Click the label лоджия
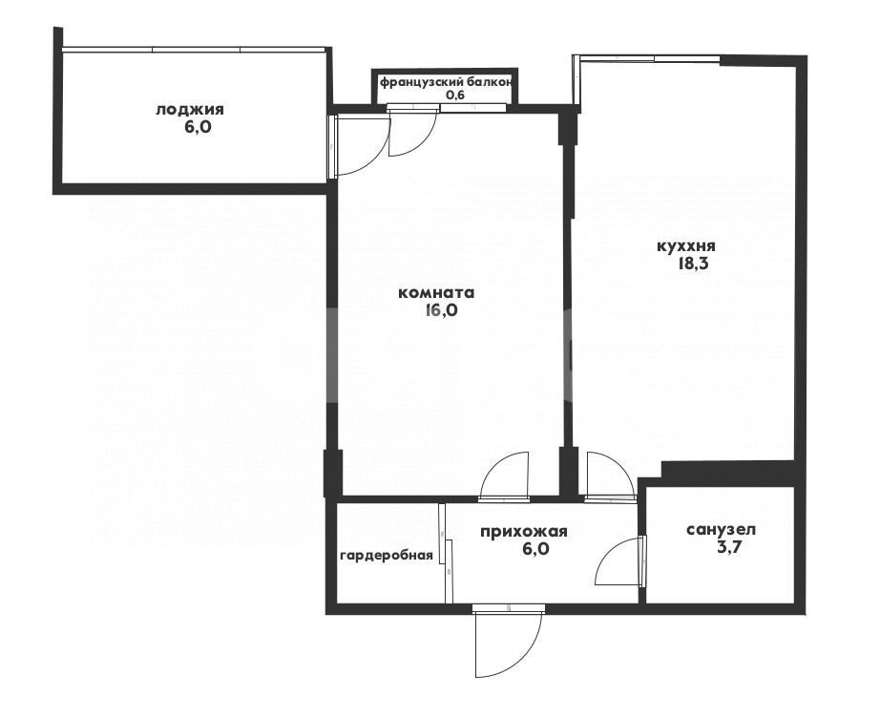point(189,110)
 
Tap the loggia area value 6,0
point(198,127)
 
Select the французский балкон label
point(447,82)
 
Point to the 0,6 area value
point(455,95)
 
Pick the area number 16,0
point(441,311)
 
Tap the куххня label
point(686,246)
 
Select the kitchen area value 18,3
point(693,264)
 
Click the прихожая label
point(524,531)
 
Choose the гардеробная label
point(387,556)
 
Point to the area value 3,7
point(729,547)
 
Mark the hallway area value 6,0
point(534,549)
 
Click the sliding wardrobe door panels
point(446,554)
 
